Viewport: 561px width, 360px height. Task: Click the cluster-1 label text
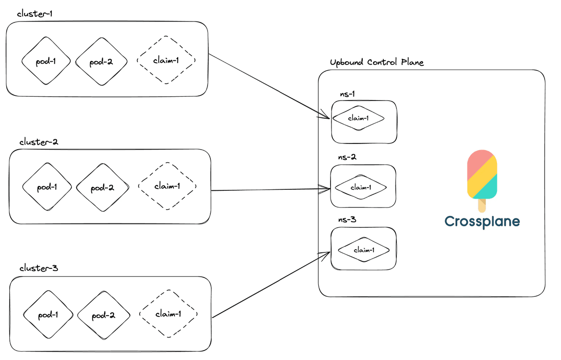(35, 14)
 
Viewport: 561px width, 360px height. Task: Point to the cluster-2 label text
(38, 142)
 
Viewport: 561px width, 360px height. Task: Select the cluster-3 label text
(38, 268)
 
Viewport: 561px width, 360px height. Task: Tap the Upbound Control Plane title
(377, 62)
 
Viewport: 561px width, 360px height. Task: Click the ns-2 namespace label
(347, 157)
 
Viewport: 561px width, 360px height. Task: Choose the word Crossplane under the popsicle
(482, 222)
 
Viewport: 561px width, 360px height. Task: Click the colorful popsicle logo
(482, 181)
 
